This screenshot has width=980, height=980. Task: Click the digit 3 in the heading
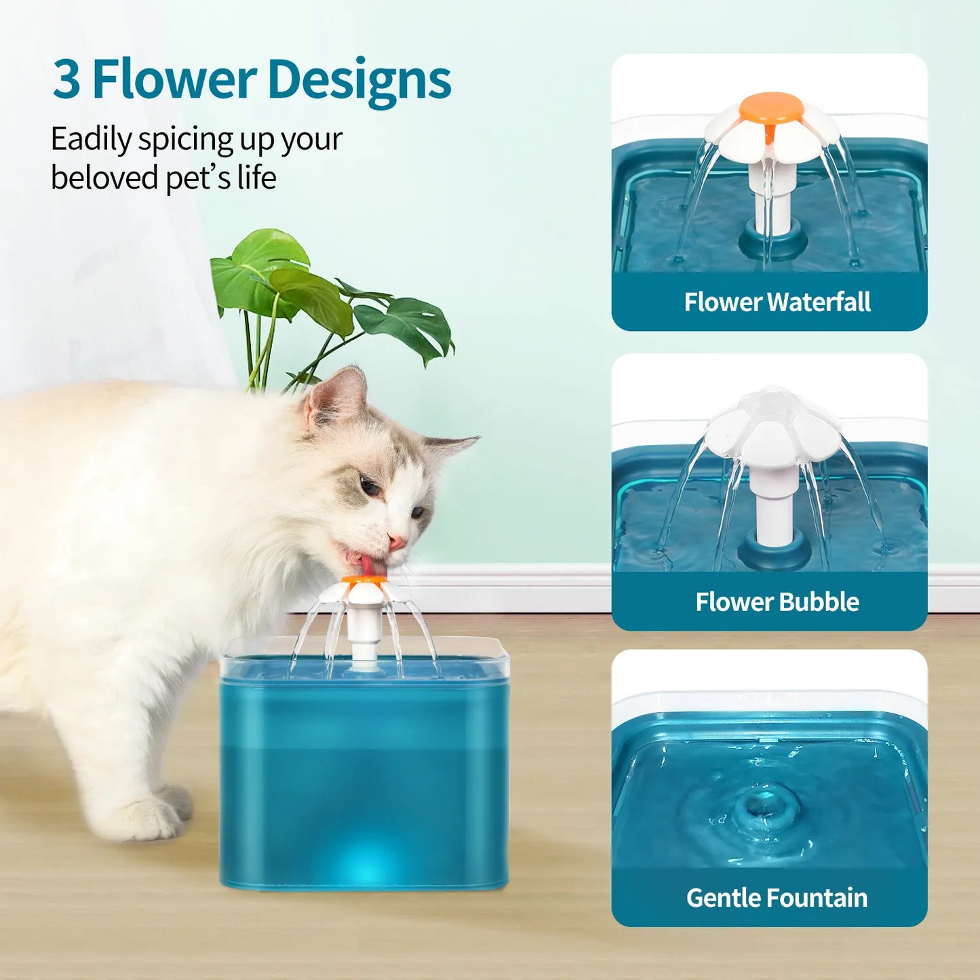click(66, 80)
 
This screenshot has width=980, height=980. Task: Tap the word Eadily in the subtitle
click(91, 140)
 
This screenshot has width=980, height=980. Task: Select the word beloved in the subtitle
click(104, 178)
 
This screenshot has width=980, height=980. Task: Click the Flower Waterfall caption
click(777, 302)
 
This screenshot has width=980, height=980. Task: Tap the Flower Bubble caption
click(777, 602)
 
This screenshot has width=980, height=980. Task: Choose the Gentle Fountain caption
click(777, 898)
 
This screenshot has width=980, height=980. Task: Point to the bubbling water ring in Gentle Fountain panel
click(766, 807)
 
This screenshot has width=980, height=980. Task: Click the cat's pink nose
click(397, 543)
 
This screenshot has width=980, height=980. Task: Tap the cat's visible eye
click(370, 486)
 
